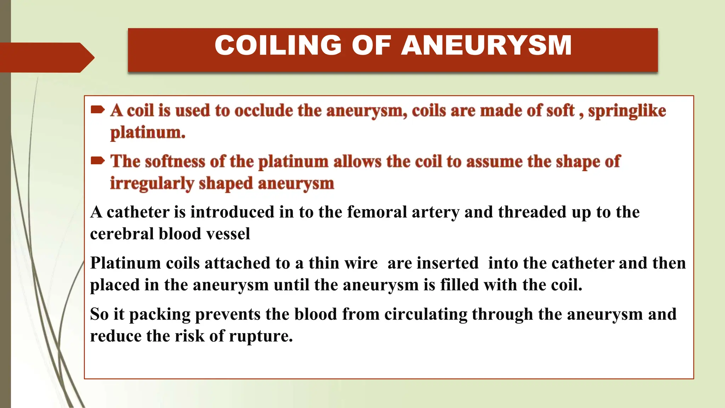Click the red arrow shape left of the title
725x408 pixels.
(x=46, y=57)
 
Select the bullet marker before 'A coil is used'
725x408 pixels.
(x=97, y=110)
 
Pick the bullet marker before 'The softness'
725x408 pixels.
(x=97, y=161)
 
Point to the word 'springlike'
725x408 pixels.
(x=627, y=111)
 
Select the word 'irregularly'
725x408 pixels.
(x=152, y=184)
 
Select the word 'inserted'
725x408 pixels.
(x=447, y=263)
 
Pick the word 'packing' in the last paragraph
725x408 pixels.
(x=160, y=314)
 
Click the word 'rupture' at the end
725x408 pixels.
(x=261, y=336)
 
